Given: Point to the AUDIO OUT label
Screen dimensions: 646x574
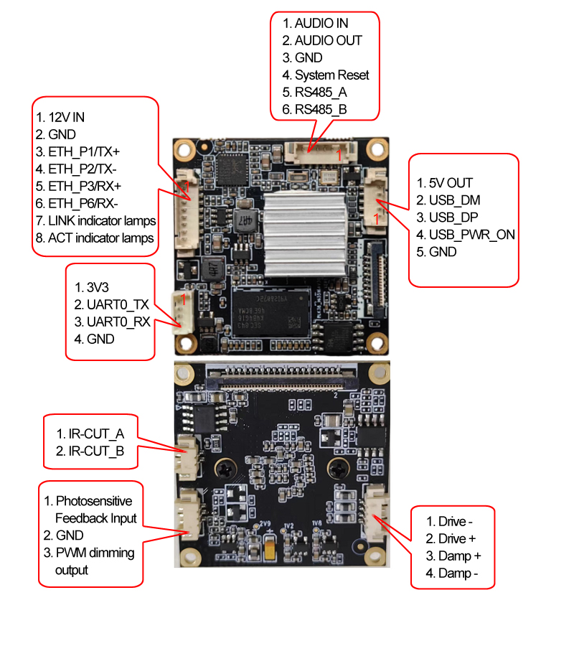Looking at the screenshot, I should click(322, 40).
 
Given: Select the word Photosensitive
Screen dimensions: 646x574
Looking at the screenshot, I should click(88, 500).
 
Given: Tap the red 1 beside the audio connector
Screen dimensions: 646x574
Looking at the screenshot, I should click(340, 154).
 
